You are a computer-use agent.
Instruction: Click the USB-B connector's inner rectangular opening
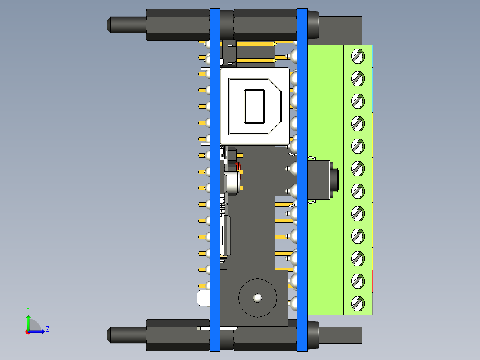254,106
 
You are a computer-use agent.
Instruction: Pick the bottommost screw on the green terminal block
358,303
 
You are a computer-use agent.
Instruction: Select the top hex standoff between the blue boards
265,25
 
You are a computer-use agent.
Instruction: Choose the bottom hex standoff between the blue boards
265,335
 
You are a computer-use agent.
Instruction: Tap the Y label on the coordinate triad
28,309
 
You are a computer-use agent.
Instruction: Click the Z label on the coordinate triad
47,329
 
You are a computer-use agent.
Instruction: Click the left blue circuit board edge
215,178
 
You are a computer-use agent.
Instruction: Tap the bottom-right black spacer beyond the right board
341,335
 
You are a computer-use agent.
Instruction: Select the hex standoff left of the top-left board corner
177,25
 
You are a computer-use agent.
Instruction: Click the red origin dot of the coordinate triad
28,332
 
